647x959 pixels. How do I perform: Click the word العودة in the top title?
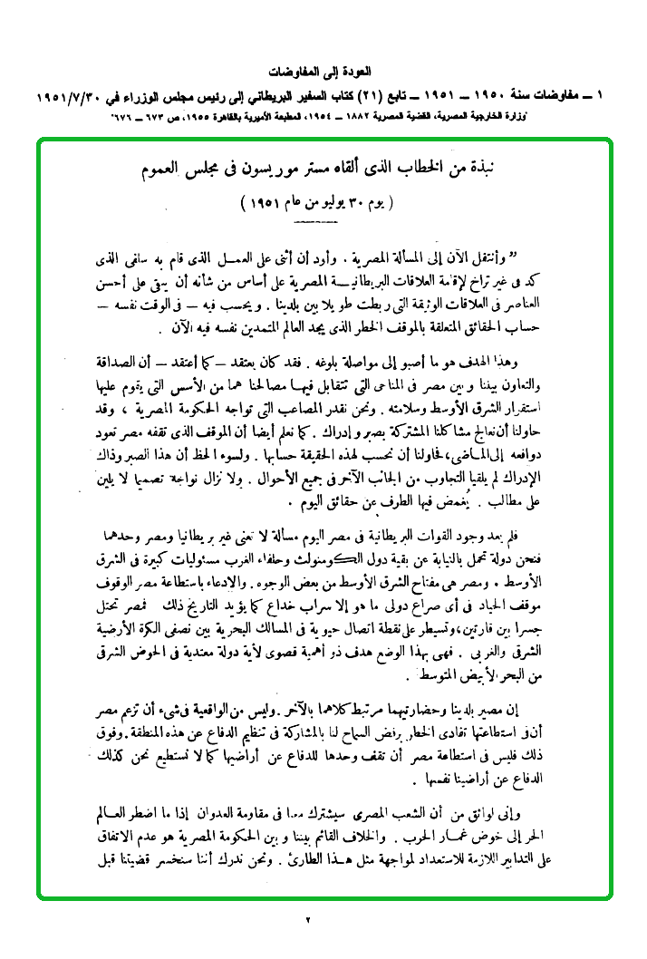point(358,70)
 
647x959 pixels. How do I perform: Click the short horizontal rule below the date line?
point(315,220)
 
